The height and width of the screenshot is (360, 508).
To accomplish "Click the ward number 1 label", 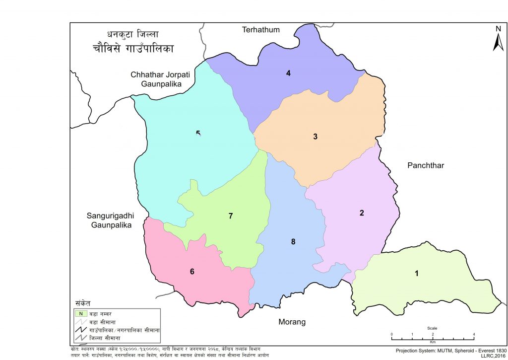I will click(x=417, y=274).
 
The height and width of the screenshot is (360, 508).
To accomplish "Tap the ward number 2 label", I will click(x=362, y=213).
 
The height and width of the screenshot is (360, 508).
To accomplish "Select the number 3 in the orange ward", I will click(x=315, y=137).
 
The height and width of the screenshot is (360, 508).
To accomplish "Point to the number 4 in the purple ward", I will click(x=288, y=73).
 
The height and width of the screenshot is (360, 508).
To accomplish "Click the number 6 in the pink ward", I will click(x=192, y=272).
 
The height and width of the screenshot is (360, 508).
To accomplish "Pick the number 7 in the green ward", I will click(x=231, y=216).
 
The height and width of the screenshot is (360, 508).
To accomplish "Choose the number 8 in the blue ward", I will click(x=293, y=242).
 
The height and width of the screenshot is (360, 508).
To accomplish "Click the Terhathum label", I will click(x=260, y=30).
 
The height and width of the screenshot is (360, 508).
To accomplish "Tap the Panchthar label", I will click(x=425, y=165).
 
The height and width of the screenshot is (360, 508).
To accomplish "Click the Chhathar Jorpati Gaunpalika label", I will click(x=156, y=79).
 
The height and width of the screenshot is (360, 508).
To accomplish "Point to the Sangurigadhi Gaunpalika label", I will click(x=111, y=220).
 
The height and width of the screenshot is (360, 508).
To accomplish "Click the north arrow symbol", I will click(x=498, y=40).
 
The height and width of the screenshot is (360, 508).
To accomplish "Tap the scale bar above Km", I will click(x=433, y=338).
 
